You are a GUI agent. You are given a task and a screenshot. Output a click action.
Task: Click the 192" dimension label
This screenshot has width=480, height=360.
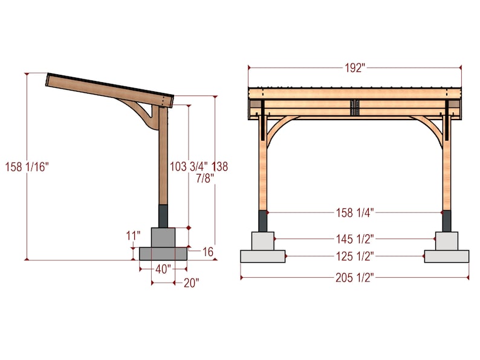click(355, 68)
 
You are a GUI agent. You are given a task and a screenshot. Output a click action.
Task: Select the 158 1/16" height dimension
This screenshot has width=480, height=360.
click(26, 166)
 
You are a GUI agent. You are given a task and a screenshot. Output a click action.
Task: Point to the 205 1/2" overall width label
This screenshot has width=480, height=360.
click(355, 277)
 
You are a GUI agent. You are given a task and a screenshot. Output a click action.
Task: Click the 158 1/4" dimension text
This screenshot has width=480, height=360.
click(355, 212)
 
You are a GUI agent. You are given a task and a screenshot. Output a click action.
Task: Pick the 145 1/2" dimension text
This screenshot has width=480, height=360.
click(355, 239)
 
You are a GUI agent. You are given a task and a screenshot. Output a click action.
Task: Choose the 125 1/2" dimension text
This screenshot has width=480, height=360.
click(355, 256)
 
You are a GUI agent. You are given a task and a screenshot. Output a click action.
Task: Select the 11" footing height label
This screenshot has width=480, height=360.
click(133, 234)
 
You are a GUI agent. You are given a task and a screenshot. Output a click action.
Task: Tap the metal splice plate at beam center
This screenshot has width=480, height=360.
click(355, 108)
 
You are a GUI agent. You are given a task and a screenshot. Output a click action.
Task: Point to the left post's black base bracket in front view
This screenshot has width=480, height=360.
click(262, 221)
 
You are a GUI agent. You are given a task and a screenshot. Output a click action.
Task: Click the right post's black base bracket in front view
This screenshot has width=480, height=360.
click(447, 221)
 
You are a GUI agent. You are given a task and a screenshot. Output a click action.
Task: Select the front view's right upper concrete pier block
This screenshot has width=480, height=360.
click(447, 240)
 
